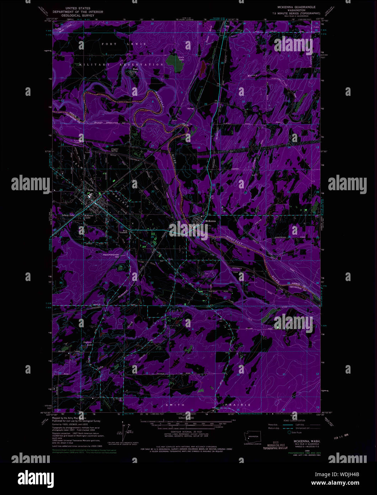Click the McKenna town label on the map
coord(211,221)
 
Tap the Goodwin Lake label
coord(88,344)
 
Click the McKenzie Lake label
coord(89,216)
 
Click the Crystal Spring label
coord(115,150)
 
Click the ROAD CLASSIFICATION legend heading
coord(294,421)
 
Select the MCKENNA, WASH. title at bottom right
coord(307,441)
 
